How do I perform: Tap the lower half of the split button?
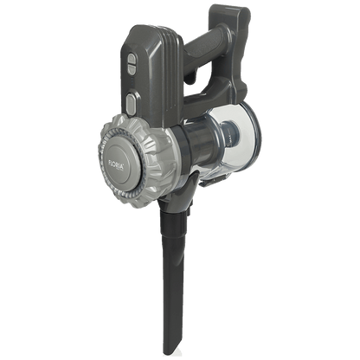[x=132, y=69]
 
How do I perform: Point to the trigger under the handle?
[x=193, y=77]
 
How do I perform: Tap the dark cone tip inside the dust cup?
[x=229, y=133]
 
